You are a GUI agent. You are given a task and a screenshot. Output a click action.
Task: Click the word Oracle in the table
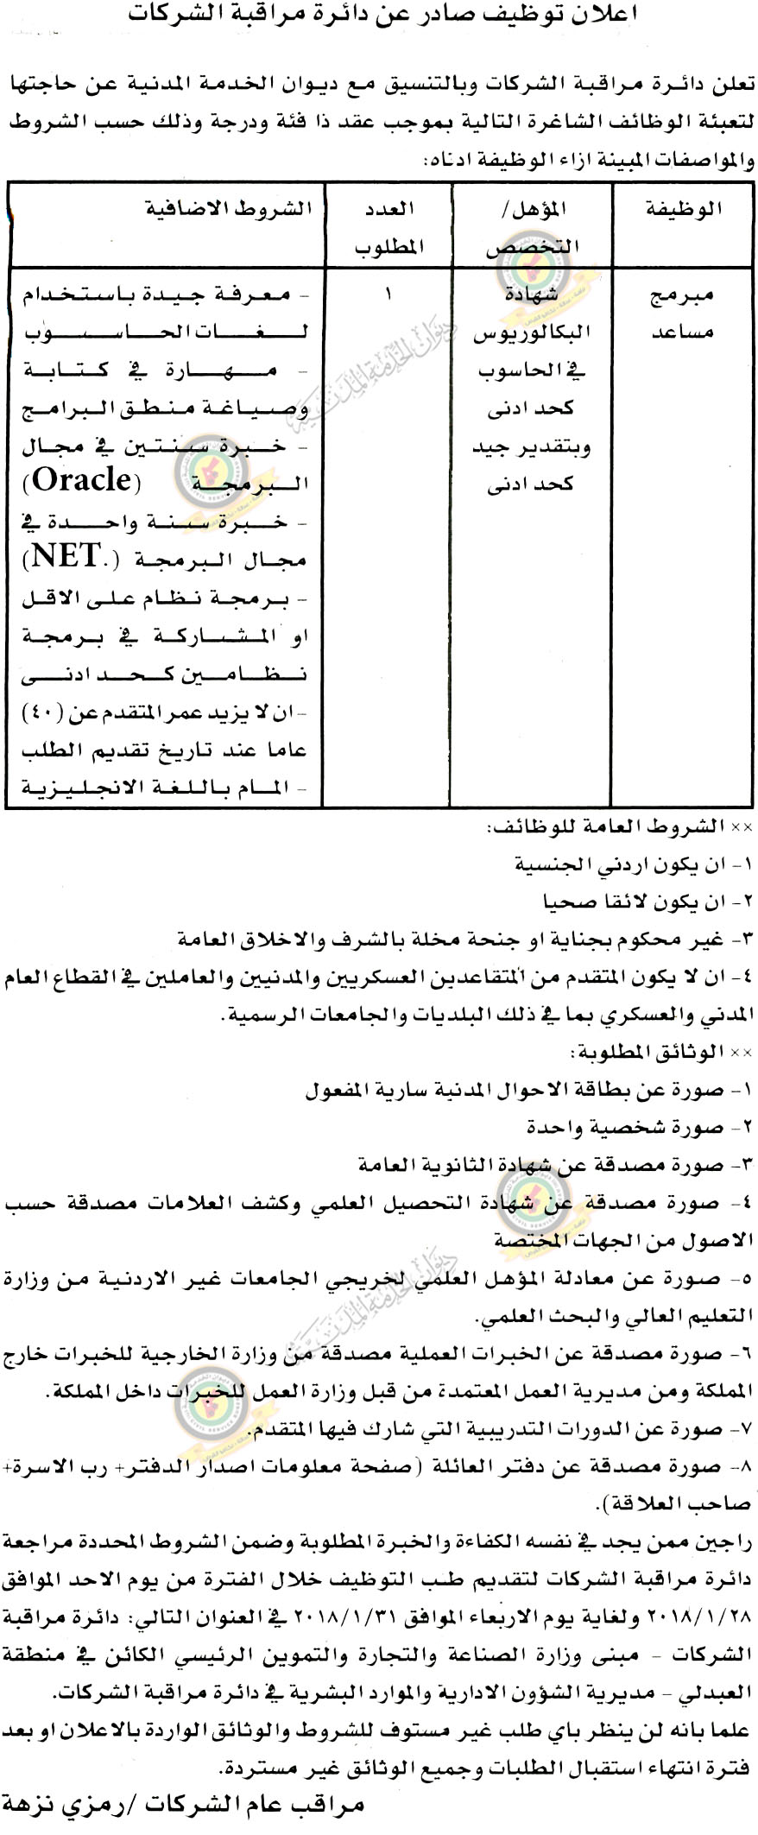[82, 479]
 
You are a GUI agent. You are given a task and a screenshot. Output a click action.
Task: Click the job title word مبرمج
[682, 294]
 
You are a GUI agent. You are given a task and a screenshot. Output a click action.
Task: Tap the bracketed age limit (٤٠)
[41, 713]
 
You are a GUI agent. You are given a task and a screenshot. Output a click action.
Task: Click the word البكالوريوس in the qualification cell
[530, 332]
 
